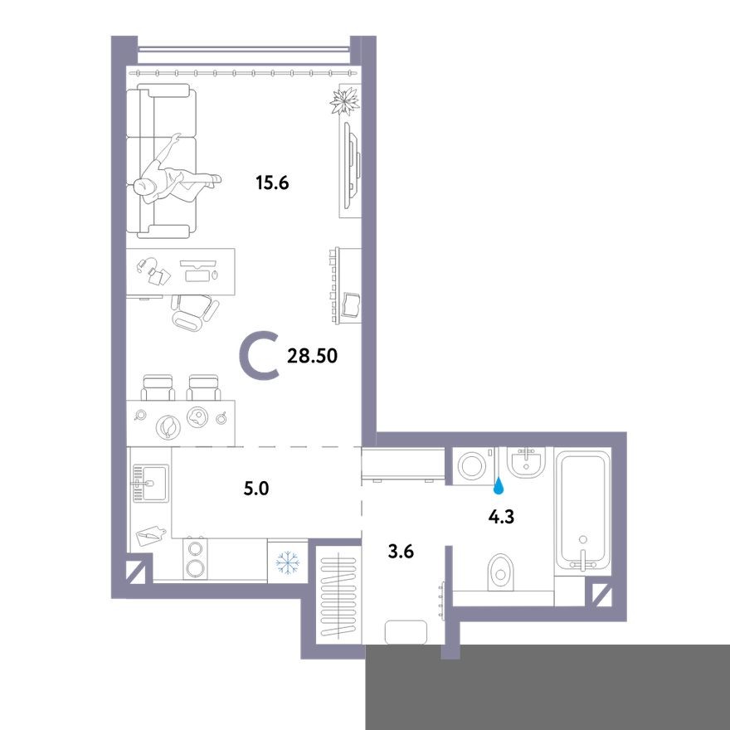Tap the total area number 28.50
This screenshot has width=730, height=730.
[314, 357]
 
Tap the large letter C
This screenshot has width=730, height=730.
[260, 357]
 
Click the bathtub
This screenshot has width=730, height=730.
[583, 509]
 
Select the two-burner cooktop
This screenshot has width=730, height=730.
[196, 557]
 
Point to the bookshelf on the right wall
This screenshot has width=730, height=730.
[346, 282]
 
